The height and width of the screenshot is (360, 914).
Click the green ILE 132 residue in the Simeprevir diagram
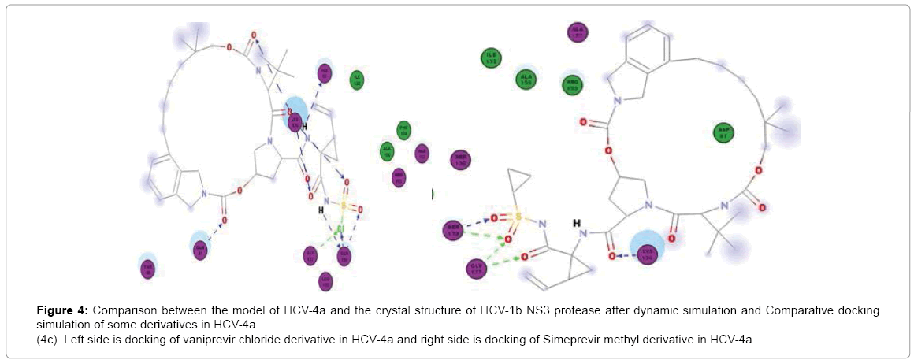point(492,58)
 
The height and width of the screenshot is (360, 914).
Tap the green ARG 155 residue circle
point(573,84)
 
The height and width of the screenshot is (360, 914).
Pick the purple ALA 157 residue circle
point(579,32)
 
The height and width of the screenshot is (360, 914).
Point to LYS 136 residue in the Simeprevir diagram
point(647,255)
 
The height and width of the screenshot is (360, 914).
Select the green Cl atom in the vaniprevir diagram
point(340,230)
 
